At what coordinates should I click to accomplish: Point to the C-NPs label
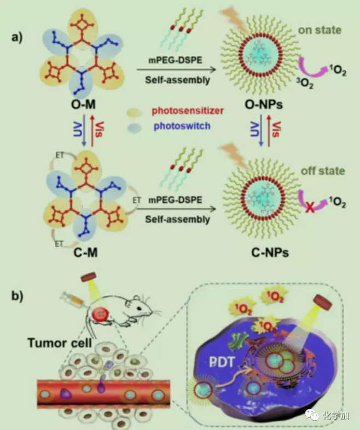point(257,253)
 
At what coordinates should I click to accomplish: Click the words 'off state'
point(323,171)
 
